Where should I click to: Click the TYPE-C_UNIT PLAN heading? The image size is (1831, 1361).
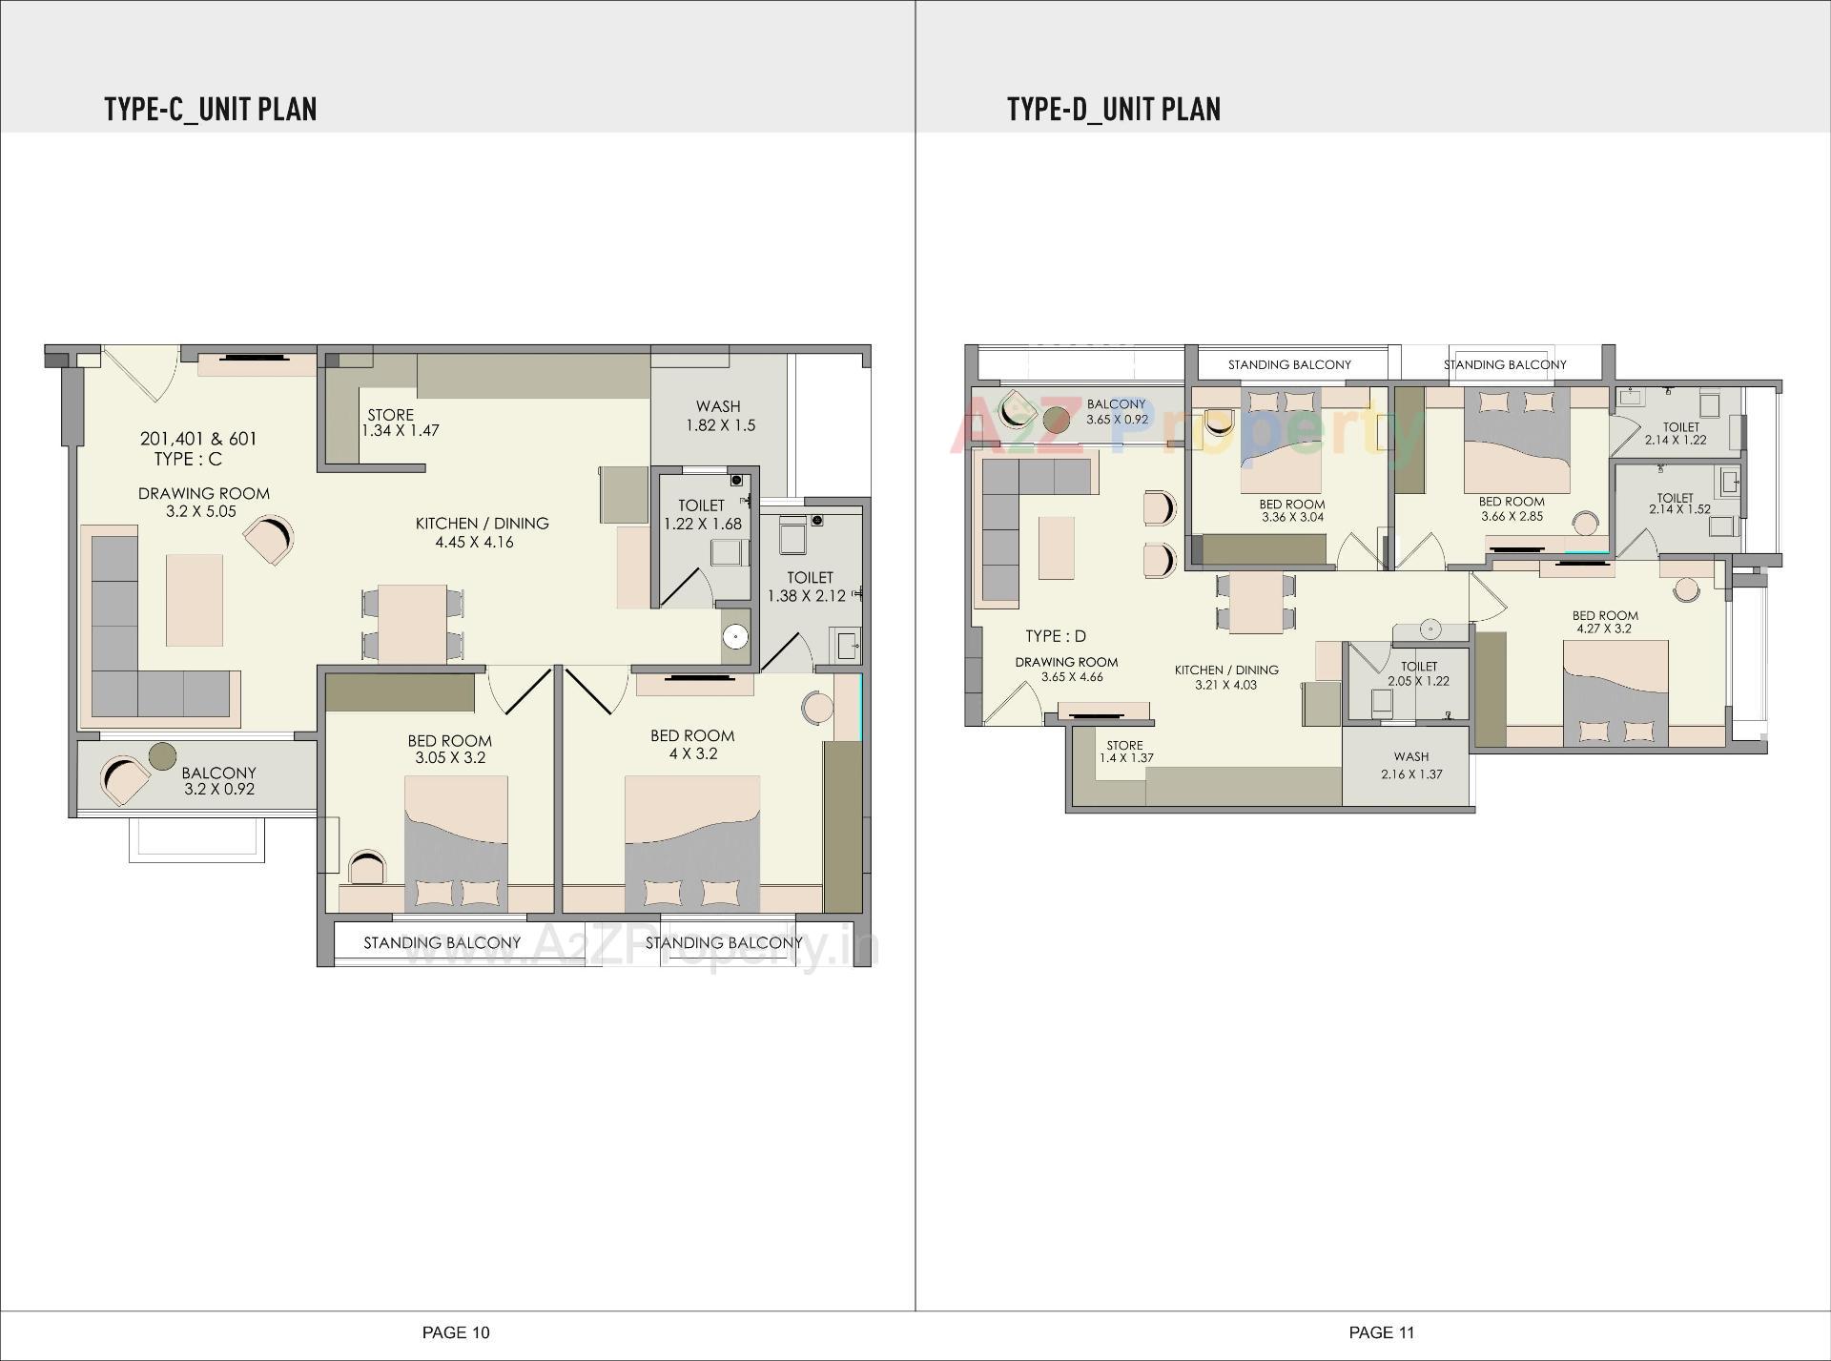pos(210,109)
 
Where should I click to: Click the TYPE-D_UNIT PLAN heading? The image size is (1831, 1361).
pos(1113,109)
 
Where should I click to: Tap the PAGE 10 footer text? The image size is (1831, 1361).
pos(456,1332)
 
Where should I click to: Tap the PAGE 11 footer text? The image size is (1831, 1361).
pos(1382,1332)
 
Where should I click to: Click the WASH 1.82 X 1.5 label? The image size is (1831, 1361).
pos(719,416)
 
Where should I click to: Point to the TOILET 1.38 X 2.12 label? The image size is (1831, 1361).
pos(809,587)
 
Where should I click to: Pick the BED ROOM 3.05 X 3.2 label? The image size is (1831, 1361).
pos(449,750)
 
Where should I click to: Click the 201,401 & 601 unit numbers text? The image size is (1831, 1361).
pos(198,439)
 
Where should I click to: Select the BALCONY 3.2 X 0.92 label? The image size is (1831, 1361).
pos(218,780)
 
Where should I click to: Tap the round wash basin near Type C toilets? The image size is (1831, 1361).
pos(734,637)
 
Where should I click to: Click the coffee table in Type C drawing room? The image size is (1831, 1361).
pos(195,601)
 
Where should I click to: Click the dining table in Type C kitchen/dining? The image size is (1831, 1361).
pos(412,622)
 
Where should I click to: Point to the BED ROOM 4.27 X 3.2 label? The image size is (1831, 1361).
pos(1605,622)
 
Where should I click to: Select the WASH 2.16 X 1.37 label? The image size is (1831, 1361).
pos(1410,765)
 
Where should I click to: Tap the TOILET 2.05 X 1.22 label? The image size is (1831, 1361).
pos(1418,673)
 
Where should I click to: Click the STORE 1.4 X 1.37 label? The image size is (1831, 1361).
pos(1125,752)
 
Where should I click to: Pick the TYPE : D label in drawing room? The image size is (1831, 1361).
pos(1055,636)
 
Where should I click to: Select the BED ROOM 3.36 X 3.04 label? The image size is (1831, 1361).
pos(1291,510)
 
